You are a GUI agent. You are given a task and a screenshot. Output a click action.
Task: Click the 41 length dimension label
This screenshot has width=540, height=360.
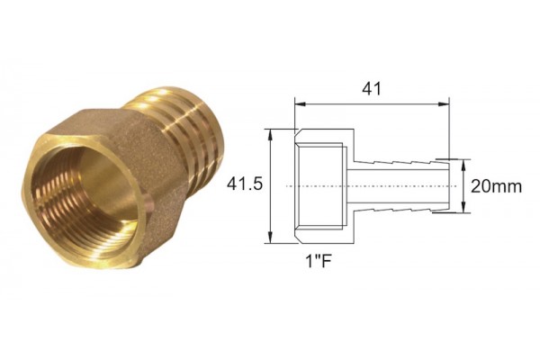(x=372, y=88)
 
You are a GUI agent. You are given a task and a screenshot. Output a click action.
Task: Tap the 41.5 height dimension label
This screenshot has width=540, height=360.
(x=245, y=184)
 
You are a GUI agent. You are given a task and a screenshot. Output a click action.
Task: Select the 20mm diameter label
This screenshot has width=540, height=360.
(x=496, y=186)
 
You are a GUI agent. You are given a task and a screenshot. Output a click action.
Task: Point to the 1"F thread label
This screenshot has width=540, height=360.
(x=319, y=262)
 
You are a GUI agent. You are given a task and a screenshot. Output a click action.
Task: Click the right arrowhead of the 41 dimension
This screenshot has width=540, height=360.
(x=444, y=103)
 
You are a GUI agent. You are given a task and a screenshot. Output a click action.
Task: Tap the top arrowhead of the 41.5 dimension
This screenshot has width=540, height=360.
(x=271, y=134)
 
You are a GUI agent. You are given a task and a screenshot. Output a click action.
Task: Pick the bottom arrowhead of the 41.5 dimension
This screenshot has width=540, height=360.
(x=271, y=238)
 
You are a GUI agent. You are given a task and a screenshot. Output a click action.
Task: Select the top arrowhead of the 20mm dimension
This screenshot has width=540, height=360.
(x=463, y=165)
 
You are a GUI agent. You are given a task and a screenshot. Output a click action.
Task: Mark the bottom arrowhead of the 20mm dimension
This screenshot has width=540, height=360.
(x=463, y=207)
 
